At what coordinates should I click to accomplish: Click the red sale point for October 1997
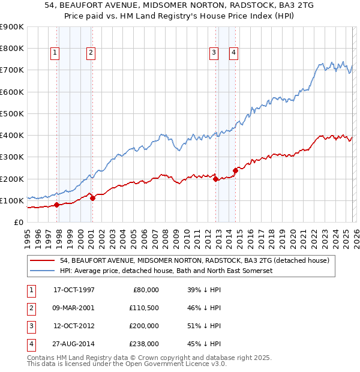tap(56, 205)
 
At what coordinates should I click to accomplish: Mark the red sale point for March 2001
tap(92, 198)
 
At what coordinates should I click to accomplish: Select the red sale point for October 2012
tap(215, 179)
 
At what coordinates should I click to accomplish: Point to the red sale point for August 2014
tap(235, 170)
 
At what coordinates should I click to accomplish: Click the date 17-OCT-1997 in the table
tap(74, 290)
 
